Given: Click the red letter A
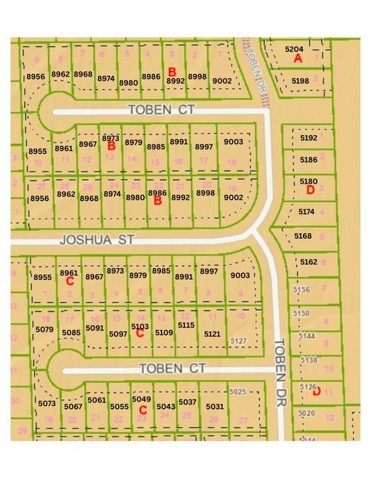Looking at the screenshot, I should coord(298,58).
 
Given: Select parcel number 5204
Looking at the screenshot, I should coord(295,48).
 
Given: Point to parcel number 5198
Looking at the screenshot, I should coord(301,80).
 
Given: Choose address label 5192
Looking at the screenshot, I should coord(309,138).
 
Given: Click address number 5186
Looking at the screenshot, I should coord(309,160).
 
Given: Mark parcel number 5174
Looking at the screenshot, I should coord(306,212).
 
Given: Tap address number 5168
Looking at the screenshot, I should coord(303,236).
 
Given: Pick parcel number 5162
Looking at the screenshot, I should coord(309,262).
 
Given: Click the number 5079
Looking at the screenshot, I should coord(45,329).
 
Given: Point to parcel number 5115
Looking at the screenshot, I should coord(186,325).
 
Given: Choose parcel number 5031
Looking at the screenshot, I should coord(214,406).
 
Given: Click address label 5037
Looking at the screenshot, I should coord(188,402).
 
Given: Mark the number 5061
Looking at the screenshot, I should coord(96,400).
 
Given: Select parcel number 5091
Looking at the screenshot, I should coord(95,327).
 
